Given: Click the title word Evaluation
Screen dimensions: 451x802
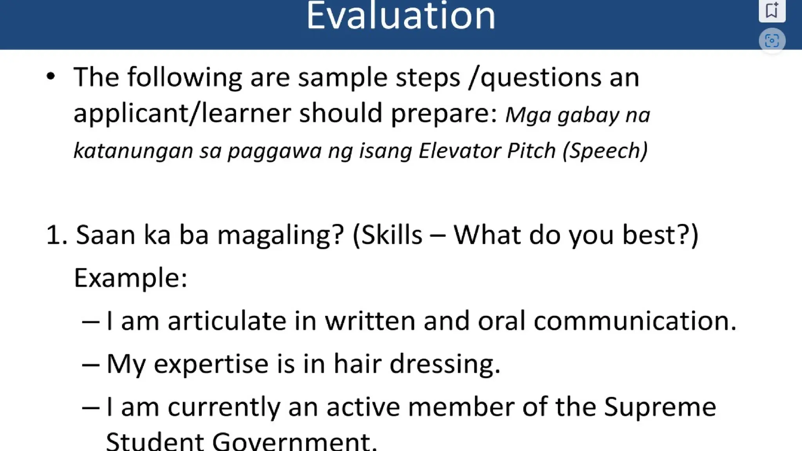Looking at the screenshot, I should click(401, 16).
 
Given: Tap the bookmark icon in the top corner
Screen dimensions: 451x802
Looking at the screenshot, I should click(772, 10).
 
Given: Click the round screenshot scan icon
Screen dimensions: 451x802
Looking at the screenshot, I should click(772, 40).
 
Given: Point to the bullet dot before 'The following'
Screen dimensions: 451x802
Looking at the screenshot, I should click(51, 76).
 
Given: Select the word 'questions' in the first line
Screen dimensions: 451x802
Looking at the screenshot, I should click(541, 78).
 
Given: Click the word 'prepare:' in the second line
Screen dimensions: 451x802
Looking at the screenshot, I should click(444, 114).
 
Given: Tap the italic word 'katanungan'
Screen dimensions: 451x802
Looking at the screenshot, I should click(133, 151).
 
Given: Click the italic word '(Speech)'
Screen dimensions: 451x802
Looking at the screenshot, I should click(605, 151).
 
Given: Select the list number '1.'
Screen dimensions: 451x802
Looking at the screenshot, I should click(57, 235).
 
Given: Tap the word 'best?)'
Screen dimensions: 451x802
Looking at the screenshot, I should click(660, 235).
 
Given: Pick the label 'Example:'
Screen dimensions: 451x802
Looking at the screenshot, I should click(130, 278).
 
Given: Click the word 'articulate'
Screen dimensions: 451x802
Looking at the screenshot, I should click(227, 321).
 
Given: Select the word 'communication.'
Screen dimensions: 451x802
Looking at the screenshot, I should click(635, 321).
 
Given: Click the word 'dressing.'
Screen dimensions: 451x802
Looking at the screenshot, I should click(445, 364).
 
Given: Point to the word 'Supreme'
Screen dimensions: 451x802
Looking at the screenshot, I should click(660, 407).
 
